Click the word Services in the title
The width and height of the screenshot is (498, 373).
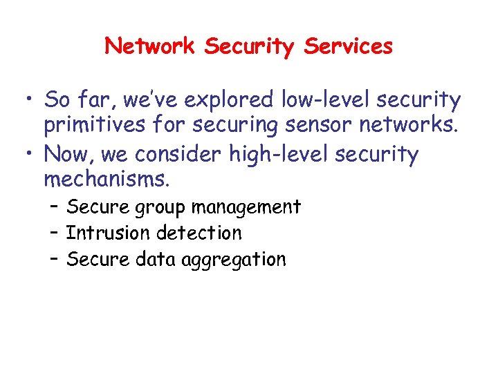349,46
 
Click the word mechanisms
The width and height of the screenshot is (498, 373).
106,180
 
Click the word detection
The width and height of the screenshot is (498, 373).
199,233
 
